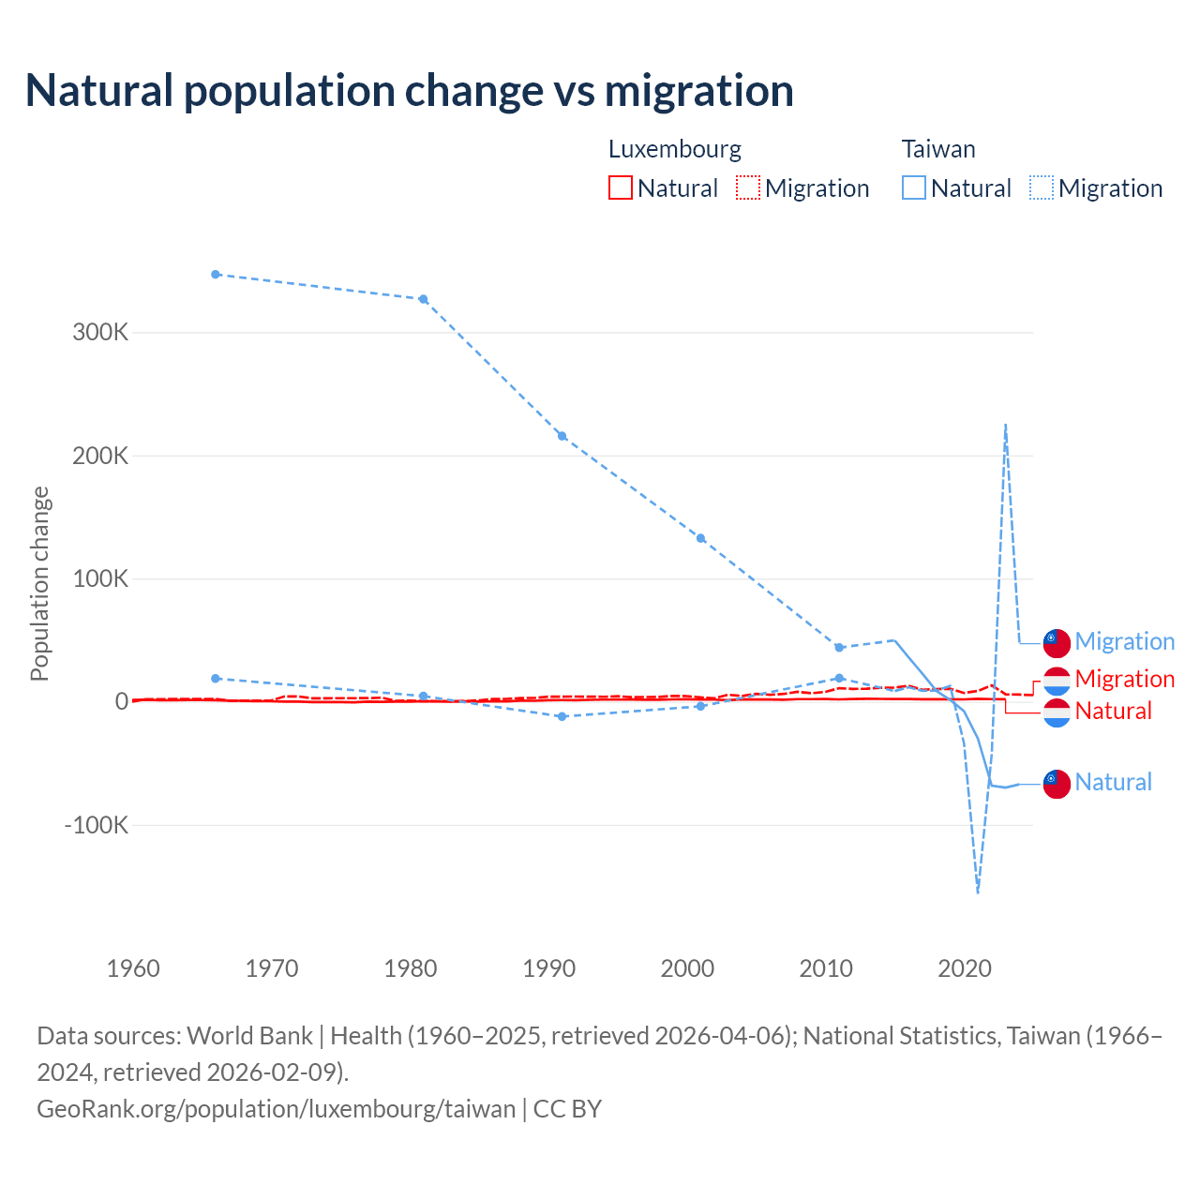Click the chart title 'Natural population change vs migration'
pyautogui.click(x=410, y=91)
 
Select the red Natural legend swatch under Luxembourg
pyautogui.click(x=621, y=187)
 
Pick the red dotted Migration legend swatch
pyautogui.click(x=748, y=187)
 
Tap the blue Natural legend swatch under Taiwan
pyautogui.click(x=914, y=187)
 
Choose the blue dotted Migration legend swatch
pyautogui.click(x=1042, y=187)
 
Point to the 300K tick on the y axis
pyautogui.click(x=100, y=333)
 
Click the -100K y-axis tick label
pyautogui.click(x=97, y=826)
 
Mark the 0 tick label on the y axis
pyautogui.click(x=122, y=702)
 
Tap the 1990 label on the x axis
pyautogui.click(x=549, y=968)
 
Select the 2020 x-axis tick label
pyautogui.click(x=965, y=968)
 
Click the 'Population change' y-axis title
pyautogui.click(x=39, y=584)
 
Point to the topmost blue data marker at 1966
pyautogui.click(x=216, y=275)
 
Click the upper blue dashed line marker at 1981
pyautogui.click(x=424, y=299)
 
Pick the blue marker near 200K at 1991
pyautogui.click(x=562, y=436)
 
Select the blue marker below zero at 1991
pyautogui.click(x=562, y=716)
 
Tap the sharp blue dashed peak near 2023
pyautogui.click(x=1005, y=426)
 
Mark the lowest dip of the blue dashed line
pyautogui.click(x=978, y=892)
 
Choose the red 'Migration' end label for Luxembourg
pyautogui.click(x=1125, y=679)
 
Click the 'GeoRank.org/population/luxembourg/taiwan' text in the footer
pyautogui.click(x=277, y=1109)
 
